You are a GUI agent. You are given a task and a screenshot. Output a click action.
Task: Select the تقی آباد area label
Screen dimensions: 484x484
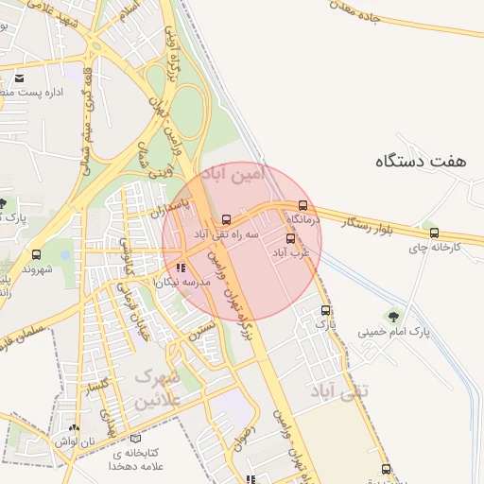[x=338, y=389]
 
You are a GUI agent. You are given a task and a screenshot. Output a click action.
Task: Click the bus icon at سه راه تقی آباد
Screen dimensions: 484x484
[x=225, y=219]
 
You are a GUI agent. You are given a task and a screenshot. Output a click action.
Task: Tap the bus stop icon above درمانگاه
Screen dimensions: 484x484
[x=302, y=205]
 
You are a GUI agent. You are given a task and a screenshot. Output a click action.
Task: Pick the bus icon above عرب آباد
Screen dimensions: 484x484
[x=290, y=238]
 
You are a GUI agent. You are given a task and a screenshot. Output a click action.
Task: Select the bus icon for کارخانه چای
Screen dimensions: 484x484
[x=434, y=233]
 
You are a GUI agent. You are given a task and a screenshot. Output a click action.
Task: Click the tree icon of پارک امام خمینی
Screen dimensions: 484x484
[x=392, y=316]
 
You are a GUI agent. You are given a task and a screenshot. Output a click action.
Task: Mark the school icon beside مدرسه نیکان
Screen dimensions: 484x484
[x=181, y=268]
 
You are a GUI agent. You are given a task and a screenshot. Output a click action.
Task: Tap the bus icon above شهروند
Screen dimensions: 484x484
[x=36, y=254]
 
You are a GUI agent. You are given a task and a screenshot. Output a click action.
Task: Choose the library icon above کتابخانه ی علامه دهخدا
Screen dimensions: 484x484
[x=136, y=439]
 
